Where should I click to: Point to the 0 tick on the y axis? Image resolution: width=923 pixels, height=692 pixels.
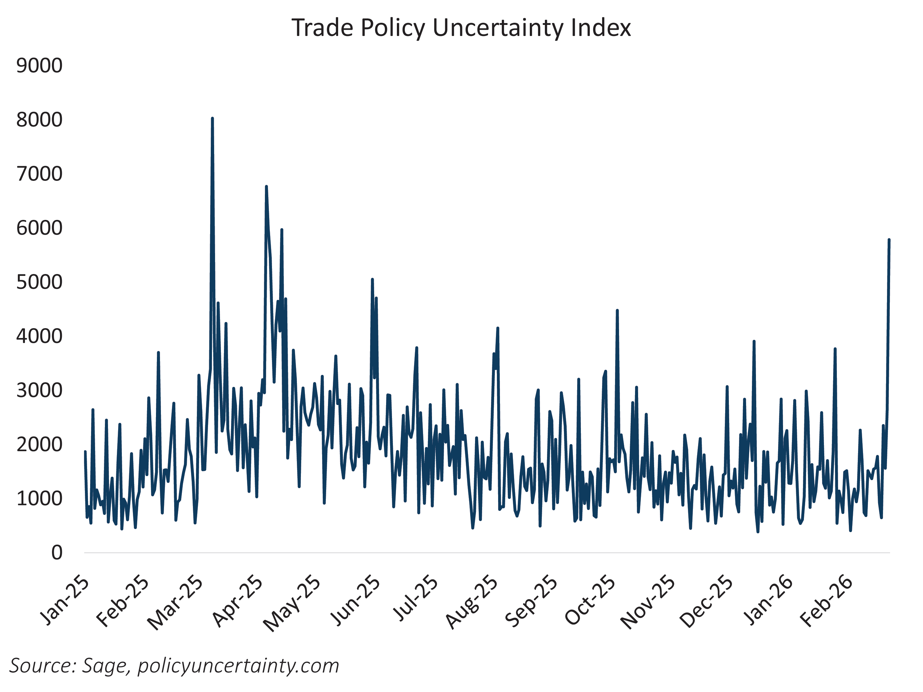pyautogui.click(x=57, y=553)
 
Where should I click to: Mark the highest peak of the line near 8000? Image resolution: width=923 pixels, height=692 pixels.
pyautogui.click(x=212, y=118)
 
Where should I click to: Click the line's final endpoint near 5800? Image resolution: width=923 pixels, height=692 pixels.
pyautogui.click(x=889, y=240)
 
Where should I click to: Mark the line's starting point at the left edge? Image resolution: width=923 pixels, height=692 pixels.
pyautogui.click(x=85, y=452)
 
